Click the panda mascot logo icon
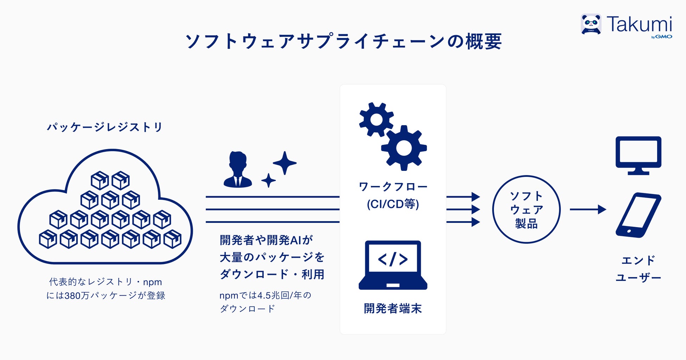click(591, 24)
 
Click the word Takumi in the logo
click(639, 24)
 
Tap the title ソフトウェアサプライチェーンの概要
click(343, 41)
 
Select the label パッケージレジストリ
click(105, 127)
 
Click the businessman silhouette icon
click(238, 169)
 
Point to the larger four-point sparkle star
click(285, 163)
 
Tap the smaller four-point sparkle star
click(268, 180)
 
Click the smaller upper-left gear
click(376, 120)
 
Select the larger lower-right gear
click(404, 148)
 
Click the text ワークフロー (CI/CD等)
click(393, 195)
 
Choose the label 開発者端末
click(393, 308)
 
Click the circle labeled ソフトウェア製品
click(526, 210)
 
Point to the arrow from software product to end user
click(587, 210)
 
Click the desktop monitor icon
click(638, 155)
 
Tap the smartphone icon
click(638, 215)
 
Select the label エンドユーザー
click(638, 269)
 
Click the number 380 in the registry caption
click(72, 296)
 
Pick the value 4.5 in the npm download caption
click(264, 295)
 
